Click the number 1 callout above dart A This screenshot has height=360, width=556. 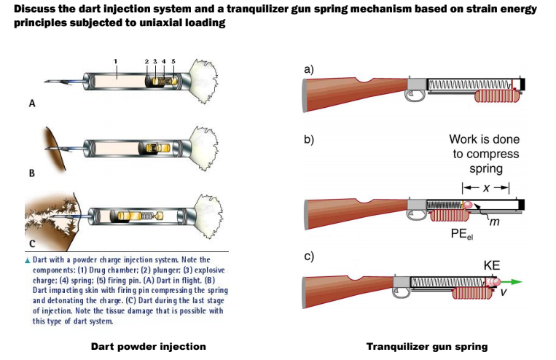click(115, 60)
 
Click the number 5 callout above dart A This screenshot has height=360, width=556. click(173, 60)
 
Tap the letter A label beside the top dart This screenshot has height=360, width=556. click(31, 104)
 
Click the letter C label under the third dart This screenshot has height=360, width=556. click(31, 244)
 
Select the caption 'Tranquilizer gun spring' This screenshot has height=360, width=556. click(426, 345)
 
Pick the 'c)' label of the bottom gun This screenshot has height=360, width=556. click(308, 257)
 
